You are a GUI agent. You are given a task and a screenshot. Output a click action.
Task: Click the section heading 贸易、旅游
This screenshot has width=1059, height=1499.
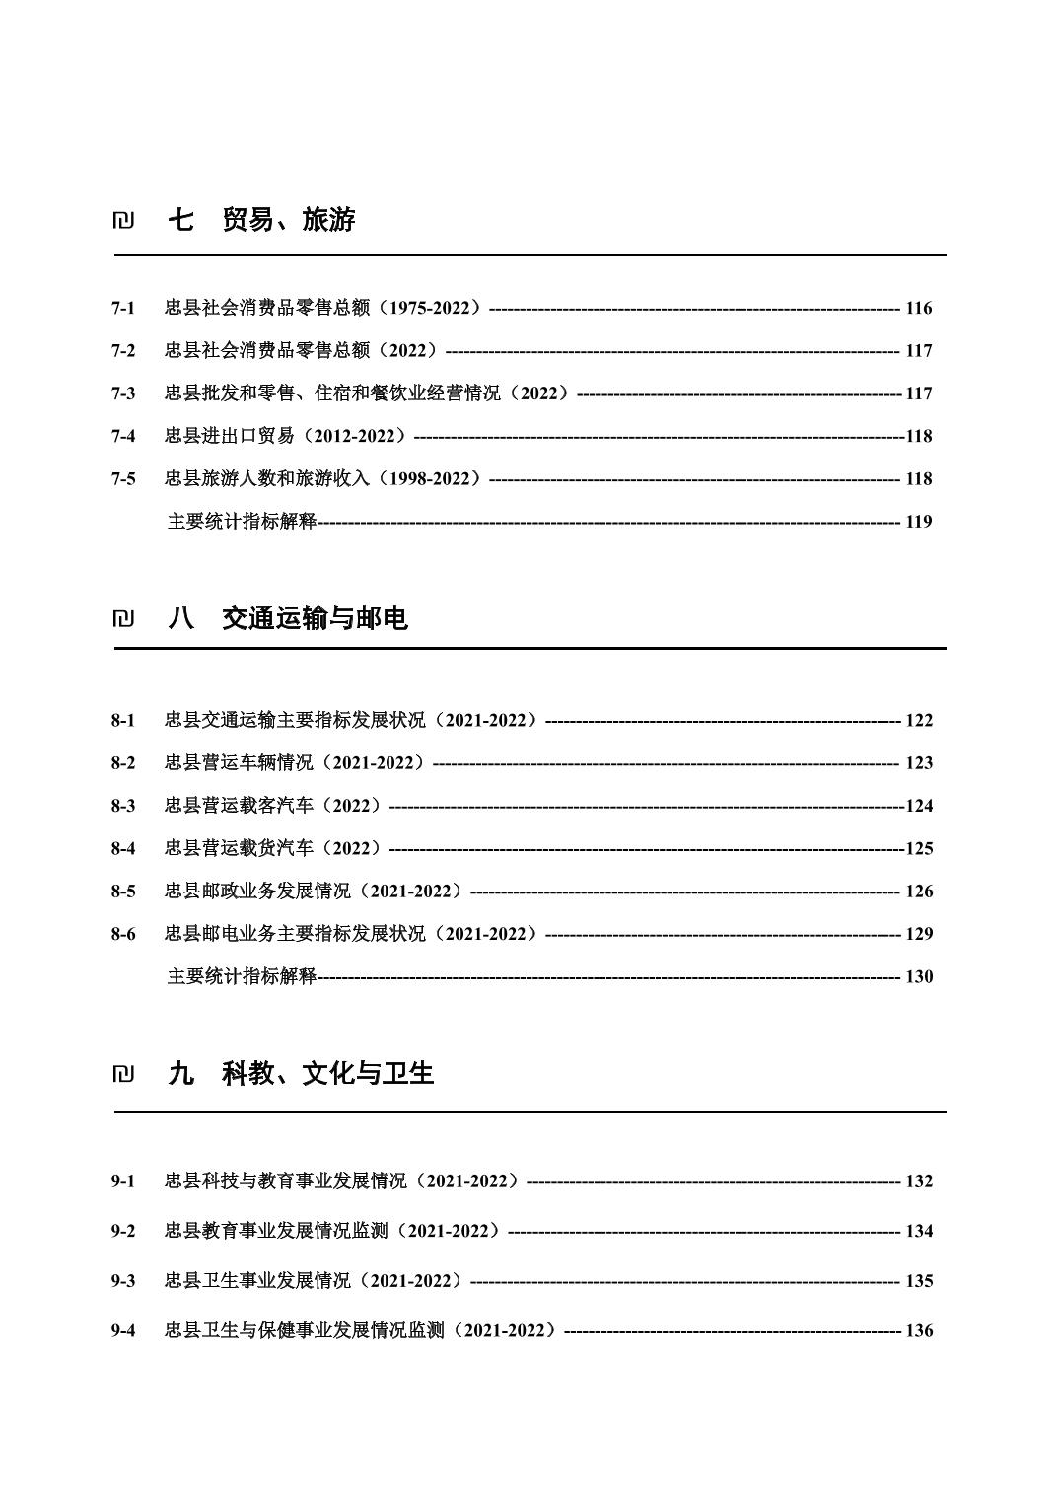pyautogui.click(x=288, y=220)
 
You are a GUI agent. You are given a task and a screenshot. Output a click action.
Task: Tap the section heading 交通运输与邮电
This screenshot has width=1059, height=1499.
pyautogui.click(x=315, y=618)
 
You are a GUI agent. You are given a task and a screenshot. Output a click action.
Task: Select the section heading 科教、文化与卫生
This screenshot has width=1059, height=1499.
pyautogui.click(x=327, y=1073)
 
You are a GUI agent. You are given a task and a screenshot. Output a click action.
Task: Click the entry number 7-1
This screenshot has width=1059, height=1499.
pyautogui.click(x=123, y=308)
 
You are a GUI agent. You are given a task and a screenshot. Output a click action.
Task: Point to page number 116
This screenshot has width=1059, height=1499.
pyautogui.click(x=918, y=308)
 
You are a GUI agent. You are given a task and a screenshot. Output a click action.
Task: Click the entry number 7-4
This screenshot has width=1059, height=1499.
pyautogui.click(x=123, y=436)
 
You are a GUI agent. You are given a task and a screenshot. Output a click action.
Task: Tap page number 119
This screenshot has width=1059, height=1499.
pyautogui.click(x=918, y=522)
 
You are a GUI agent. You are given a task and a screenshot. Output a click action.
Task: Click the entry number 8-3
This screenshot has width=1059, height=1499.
pyautogui.click(x=123, y=806)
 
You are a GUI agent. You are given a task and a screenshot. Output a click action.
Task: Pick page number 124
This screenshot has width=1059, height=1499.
pyautogui.click(x=918, y=806)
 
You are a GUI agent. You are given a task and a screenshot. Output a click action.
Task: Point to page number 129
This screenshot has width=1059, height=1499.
pyautogui.click(x=918, y=934)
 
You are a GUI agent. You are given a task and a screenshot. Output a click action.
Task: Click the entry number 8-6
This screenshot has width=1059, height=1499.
pyautogui.click(x=123, y=934)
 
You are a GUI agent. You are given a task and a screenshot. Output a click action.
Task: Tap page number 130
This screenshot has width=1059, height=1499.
pyautogui.click(x=918, y=976)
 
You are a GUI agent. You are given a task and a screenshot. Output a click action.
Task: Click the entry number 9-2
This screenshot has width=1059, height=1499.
pyautogui.click(x=123, y=1231)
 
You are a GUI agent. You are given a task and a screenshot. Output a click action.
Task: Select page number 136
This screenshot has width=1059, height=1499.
pyautogui.click(x=918, y=1330)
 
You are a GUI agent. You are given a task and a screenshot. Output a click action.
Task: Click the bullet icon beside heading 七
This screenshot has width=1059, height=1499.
pyautogui.click(x=123, y=221)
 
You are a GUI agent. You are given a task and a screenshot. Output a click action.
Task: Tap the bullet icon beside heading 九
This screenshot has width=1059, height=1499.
pyautogui.click(x=123, y=1074)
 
